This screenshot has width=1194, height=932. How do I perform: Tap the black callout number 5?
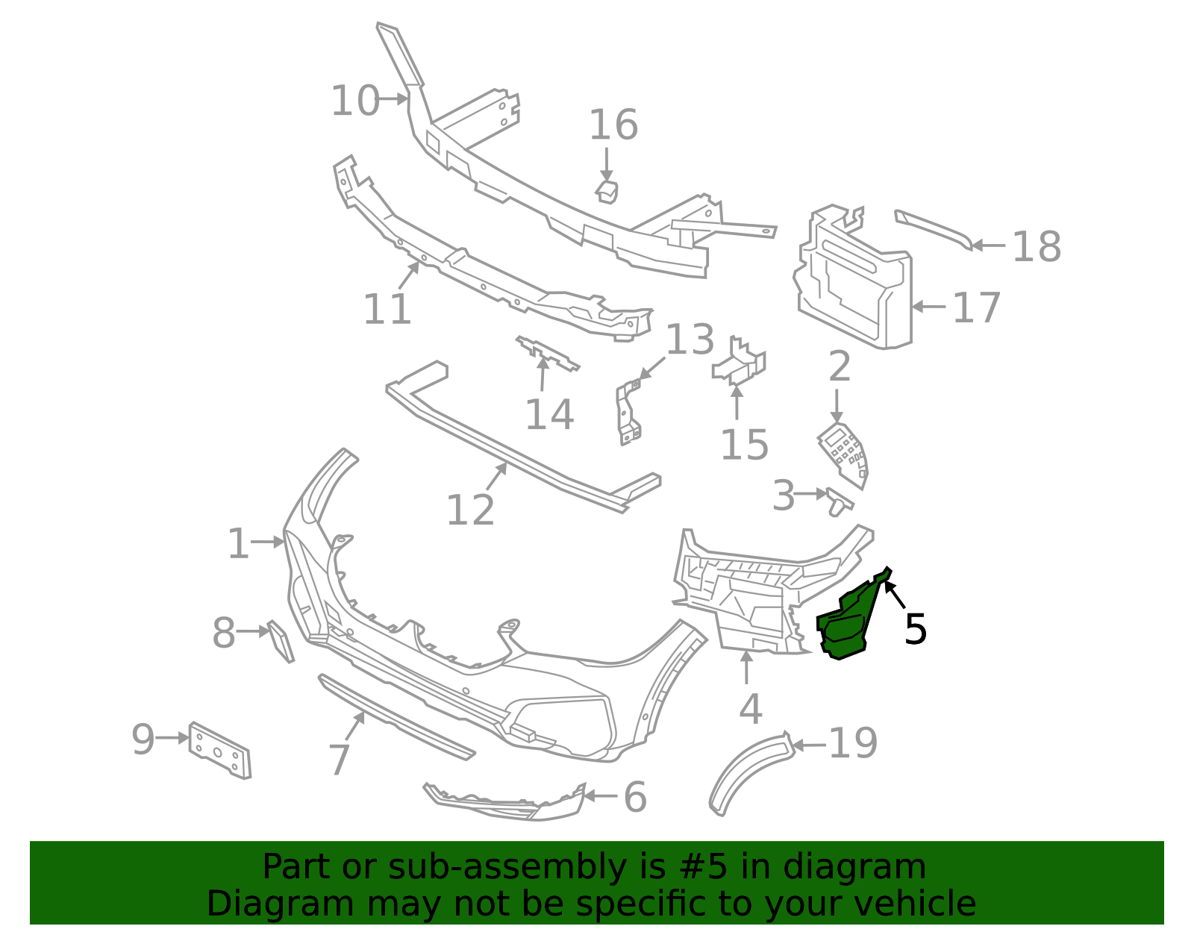pyautogui.click(x=915, y=629)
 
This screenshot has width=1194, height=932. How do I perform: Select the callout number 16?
pyautogui.click(x=613, y=125)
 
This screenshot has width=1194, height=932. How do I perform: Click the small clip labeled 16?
pyautogui.click(x=607, y=190)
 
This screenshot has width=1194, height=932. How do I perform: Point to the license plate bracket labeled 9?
pyautogui.click(x=219, y=751)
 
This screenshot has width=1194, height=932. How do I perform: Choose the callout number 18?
pyautogui.click(x=1036, y=246)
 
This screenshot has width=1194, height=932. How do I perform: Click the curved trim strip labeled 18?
pyautogui.click(x=933, y=228)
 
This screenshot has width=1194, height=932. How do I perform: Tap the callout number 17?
pyautogui.click(x=976, y=307)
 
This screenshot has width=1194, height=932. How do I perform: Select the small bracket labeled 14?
pyautogui.click(x=547, y=354)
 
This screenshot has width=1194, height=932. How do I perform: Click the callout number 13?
pyautogui.click(x=690, y=340)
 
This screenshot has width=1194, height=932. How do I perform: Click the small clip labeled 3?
pyautogui.click(x=839, y=503)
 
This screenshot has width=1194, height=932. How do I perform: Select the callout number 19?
pyautogui.click(x=853, y=743)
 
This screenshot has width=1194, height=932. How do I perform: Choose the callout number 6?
pyautogui.click(x=634, y=797)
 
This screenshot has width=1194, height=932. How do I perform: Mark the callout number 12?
pyautogui.click(x=470, y=510)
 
